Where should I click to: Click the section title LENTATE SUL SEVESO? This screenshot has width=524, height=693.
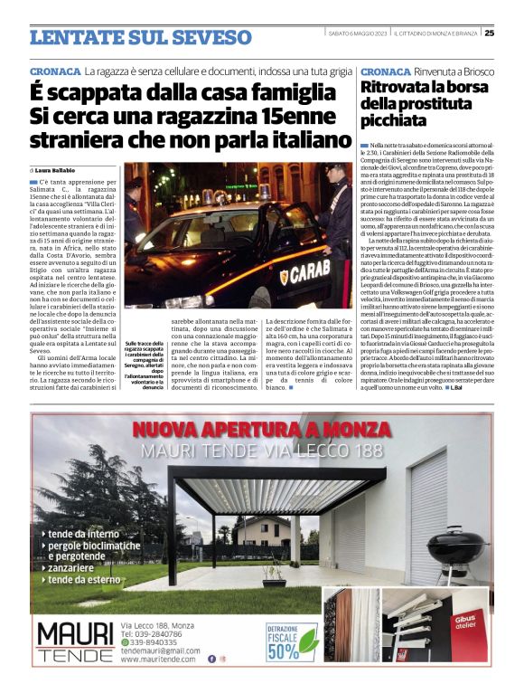pyautogui.click(x=140, y=37)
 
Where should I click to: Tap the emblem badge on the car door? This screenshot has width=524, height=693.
pyautogui.click(x=284, y=277)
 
